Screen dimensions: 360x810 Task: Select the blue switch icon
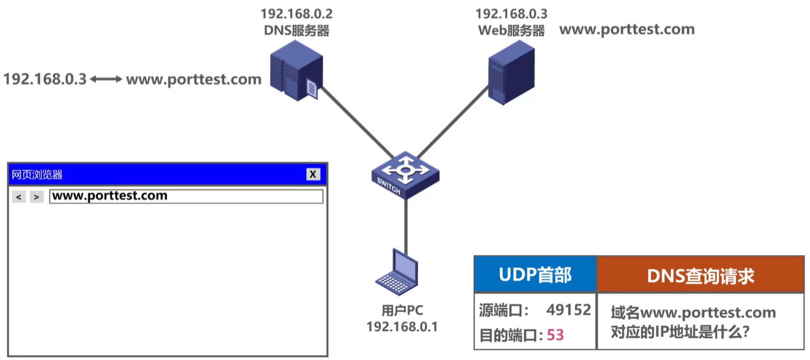pyautogui.click(x=405, y=174)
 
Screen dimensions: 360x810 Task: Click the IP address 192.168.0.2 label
pyautogui.click(x=296, y=13)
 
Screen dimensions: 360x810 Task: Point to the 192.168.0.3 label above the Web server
pyautogui.click(x=511, y=13)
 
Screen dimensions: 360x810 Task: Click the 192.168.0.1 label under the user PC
pyautogui.click(x=401, y=327)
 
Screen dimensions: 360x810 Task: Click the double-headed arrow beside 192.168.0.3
pyautogui.click(x=106, y=79)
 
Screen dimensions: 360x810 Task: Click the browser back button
pyautogui.click(x=19, y=197)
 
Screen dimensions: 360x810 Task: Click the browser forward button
pyautogui.click(x=36, y=197)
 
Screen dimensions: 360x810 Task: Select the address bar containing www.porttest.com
pyautogui.click(x=186, y=196)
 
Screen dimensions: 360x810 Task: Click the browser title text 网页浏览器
pyautogui.click(x=37, y=174)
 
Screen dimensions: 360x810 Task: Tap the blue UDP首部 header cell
pyautogui.click(x=535, y=275)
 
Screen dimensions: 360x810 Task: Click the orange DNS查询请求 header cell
pyautogui.click(x=700, y=275)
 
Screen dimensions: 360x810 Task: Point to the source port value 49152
pyautogui.click(x=568, y=310)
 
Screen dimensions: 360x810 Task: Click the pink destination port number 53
pyautogui.click(x=555, y=334)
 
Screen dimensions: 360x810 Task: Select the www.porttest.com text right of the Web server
pyautogui.click(x=627, y=29)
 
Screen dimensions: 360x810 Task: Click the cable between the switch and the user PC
pyautogui.click(x=405, y=221)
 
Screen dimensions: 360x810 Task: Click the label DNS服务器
pyautogui.click(x=296, y=30)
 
